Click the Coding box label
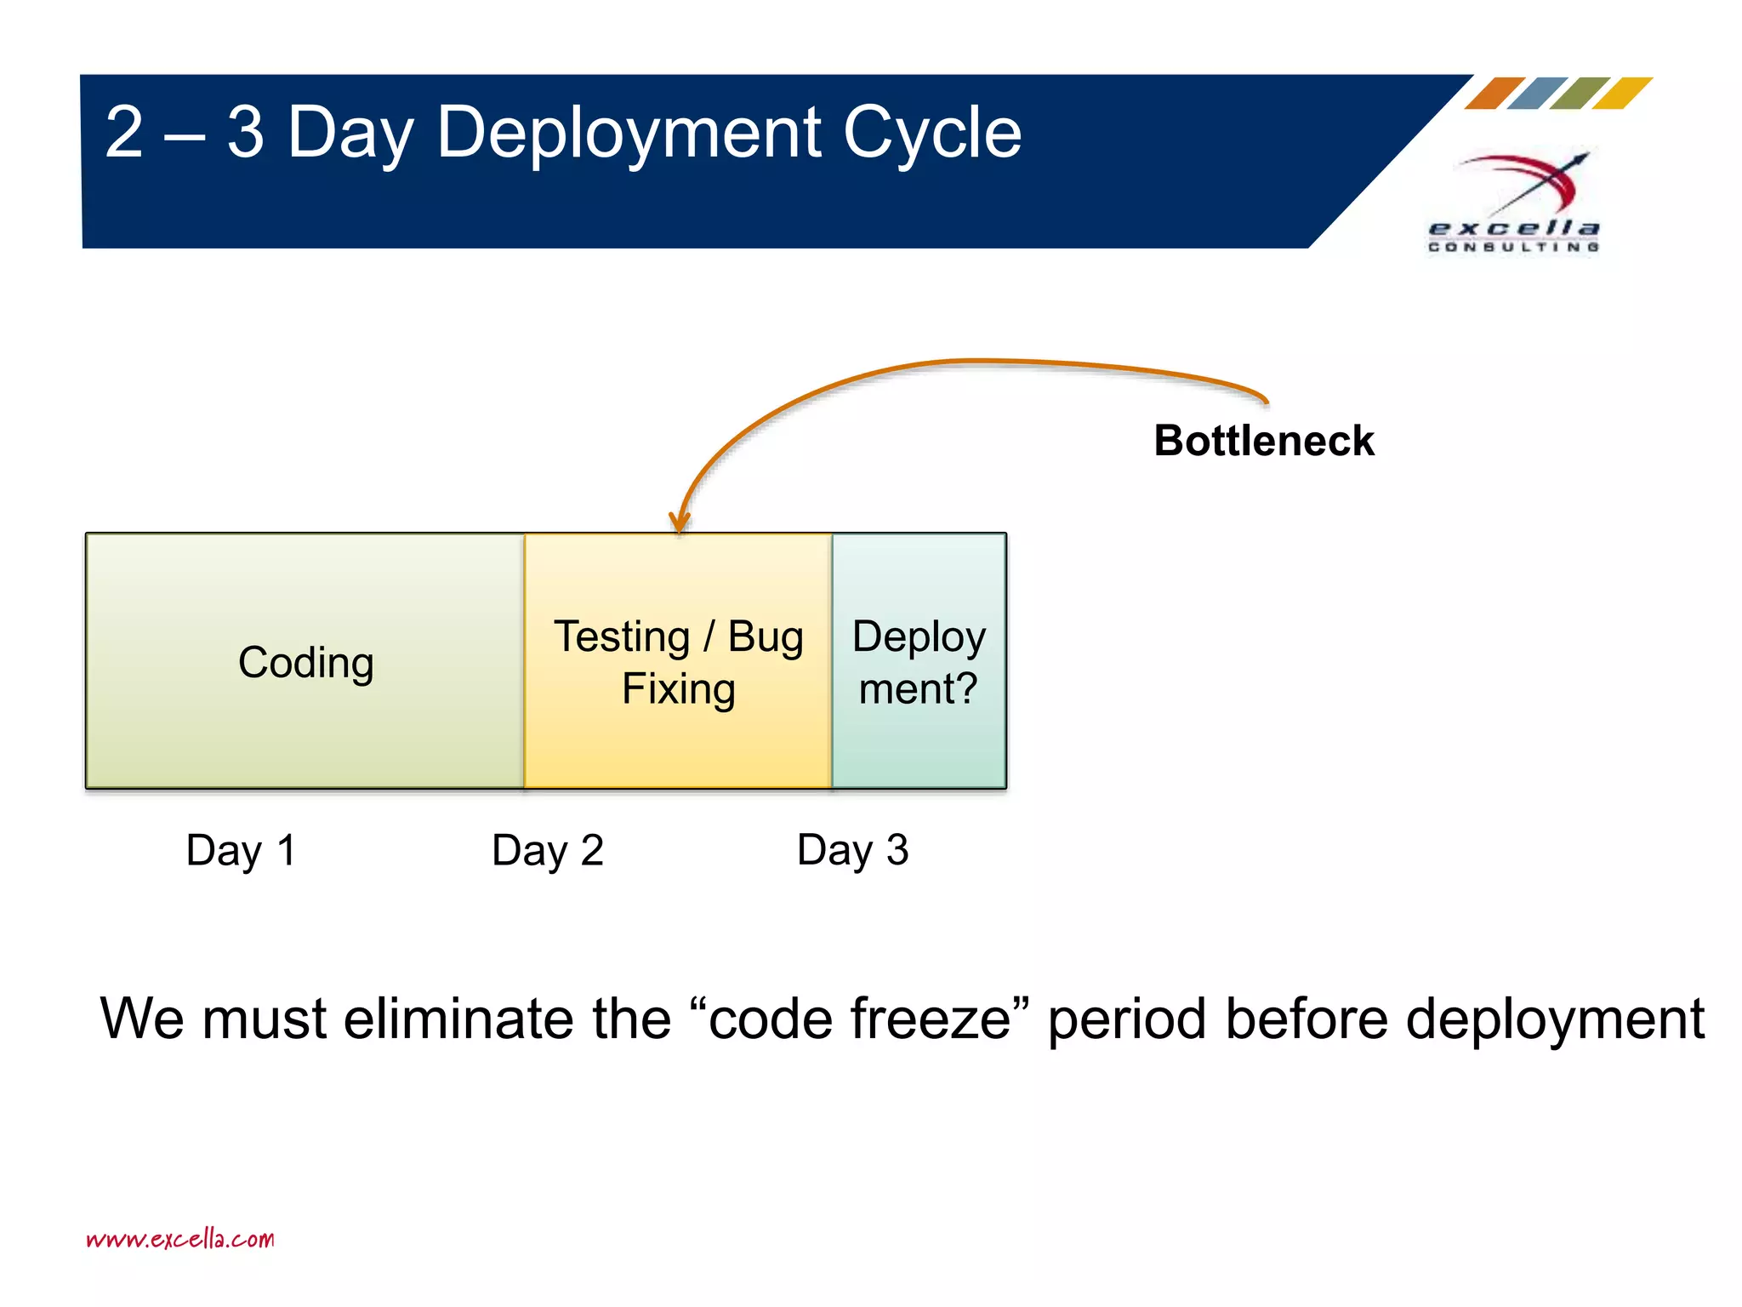[306, 662]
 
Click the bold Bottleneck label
[1263, 441]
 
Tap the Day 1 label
[241, 850]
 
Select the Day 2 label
[548, 850]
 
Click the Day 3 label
[852, 850]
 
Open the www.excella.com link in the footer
[180, 1239]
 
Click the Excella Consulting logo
[1515, 200]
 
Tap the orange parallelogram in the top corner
[1494, 94]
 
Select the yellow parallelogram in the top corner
[1623, 94]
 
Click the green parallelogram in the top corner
[1580, 94]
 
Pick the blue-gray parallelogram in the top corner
[1538, 94]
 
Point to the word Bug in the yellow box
[766, 637]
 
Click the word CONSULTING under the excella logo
[1513, 247]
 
